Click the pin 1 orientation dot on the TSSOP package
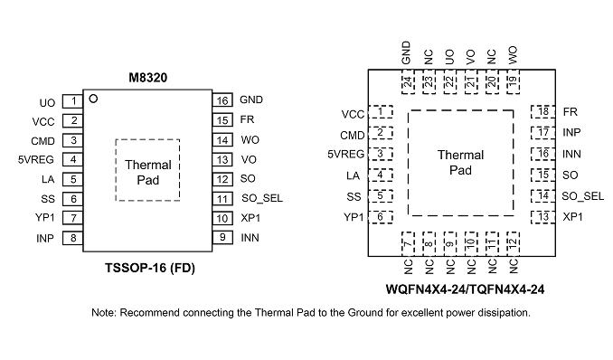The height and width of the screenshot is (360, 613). pyautogui.click(x=93, y=99)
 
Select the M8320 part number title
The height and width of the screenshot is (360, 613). pyautogui.click(x=147, y=78)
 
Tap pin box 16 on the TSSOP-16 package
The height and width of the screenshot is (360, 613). pyautogui.click(x=222, y=100)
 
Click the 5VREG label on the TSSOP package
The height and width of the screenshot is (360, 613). pyautogui.click(x=35, y=160)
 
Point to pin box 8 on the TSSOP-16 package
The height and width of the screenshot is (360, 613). pyautogui.click(x=72, y=238)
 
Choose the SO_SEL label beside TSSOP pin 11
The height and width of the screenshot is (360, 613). pyautogui.click(x=262, y=198)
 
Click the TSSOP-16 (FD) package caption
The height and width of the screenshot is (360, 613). pyautogui.click(x=150, y=268)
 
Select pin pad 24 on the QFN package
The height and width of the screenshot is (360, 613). pyautogui.click(x=408, y=81)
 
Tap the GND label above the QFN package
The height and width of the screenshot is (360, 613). pyautogui.click(x=406, y=52)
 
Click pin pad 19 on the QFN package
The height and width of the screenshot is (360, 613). pyautogui.click(x=513, y=81)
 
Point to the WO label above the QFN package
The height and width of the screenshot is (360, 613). pyautogui.click(x=513, y=55)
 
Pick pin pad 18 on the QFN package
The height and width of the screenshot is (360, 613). pyautogui.click(x=543, y=111)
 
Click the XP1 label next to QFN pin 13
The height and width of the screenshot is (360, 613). pyautogui.click(x=572, y=217)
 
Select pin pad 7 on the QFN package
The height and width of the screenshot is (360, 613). pyautogui.click(x=408, y=244)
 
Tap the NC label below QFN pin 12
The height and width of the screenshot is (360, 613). pyautogui.click(x=514, y=267)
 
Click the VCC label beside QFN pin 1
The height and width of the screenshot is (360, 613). pyautogui.click(x=353, y=114)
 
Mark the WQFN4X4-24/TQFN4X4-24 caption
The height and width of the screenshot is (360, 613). pyautogui.click(x=465, y=289)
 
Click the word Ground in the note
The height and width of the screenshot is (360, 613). pyautogui.click(x=365, y=313)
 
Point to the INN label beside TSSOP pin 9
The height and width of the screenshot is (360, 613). pyautogui.click(x=250, y=238)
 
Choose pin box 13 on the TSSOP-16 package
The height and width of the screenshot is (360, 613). pyautogui.click(x=222, y=160)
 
